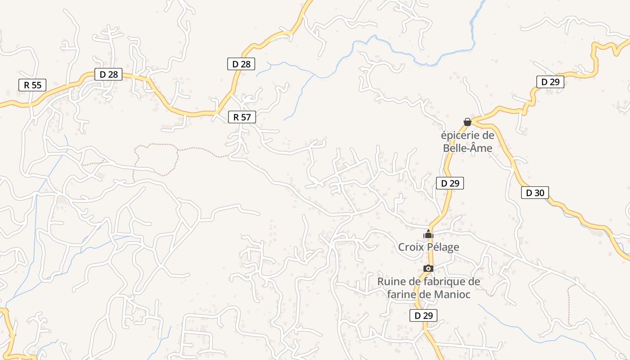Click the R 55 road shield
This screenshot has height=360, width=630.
(x=32, y=85)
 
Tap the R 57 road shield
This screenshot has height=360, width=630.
(x=242, y=117)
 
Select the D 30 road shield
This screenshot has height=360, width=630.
(x=535, y=193)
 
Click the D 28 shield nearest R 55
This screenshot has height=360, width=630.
(x=108, y=75)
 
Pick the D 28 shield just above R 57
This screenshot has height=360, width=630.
(x=241, y=64)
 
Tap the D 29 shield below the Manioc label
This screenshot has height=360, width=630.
(x=423, y=315)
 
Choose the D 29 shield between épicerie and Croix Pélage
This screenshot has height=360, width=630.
(x=450, y=183)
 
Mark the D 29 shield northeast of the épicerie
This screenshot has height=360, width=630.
(x=550, y=82)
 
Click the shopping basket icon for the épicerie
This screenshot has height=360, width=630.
(x=468, y=122)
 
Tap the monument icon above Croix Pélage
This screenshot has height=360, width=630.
(x=428, y=234)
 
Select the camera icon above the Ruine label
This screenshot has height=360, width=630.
(x=428, y=269)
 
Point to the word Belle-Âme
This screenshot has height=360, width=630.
(x=468, y=148)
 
